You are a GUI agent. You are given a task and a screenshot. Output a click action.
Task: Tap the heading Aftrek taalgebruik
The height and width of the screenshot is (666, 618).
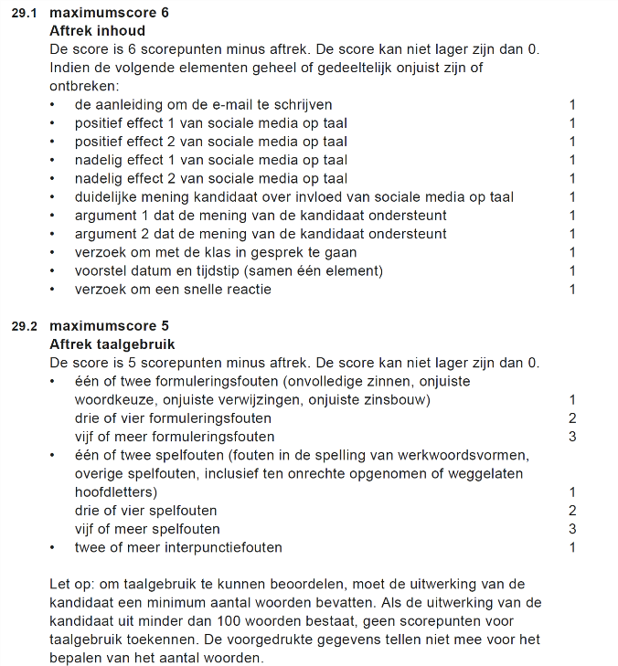coord(112,344)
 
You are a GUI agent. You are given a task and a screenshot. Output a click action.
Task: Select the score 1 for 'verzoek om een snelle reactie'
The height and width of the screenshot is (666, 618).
coord(572,290)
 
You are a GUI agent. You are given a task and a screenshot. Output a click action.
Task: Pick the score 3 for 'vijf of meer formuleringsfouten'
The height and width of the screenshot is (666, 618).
coord(572,437)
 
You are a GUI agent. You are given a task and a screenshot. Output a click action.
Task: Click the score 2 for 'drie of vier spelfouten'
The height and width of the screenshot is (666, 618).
coord(572,511)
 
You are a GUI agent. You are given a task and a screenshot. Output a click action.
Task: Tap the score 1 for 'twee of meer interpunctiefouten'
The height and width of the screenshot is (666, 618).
coord(572,547)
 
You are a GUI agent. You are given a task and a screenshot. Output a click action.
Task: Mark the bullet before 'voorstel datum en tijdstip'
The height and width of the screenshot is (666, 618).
coord(53,271)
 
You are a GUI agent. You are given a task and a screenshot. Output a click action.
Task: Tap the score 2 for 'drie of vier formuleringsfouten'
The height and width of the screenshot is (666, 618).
coord(572,418)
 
